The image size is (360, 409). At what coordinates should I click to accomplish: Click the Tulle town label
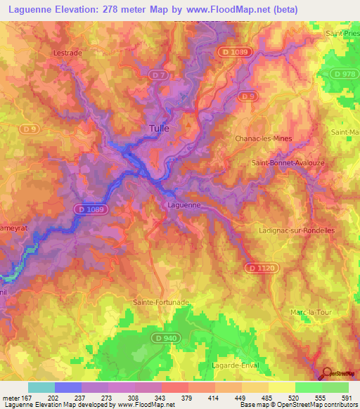click(x=160, y=129)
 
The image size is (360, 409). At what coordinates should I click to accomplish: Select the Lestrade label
click(x=68, y=53)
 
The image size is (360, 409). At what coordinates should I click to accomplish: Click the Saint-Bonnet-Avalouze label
click(x=282, y=163)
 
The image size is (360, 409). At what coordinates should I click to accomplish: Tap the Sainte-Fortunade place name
click(x=161, y=302)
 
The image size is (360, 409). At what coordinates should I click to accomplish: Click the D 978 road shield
click(x=345, y=74)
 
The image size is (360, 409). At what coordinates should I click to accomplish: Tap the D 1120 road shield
click(x=257, y=268)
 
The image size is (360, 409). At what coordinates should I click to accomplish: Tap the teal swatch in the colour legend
click(x=41, y=387)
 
